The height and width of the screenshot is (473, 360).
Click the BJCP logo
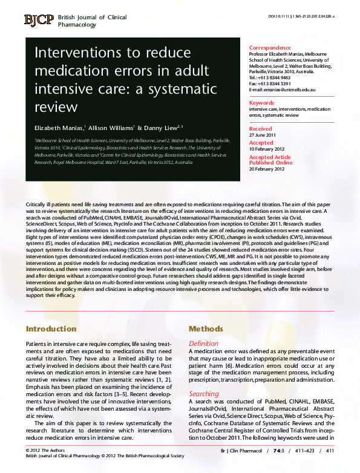(39, 20)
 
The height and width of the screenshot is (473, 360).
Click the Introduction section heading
(51, 329)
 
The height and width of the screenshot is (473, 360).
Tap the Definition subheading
(204, 344)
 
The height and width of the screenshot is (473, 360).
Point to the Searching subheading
(205, 393)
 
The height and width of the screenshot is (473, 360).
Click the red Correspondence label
(270, 48)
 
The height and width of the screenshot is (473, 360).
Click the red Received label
(261, 129)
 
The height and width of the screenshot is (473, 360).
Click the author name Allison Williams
(112, 129)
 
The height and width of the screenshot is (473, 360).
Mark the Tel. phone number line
(270, 77)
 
